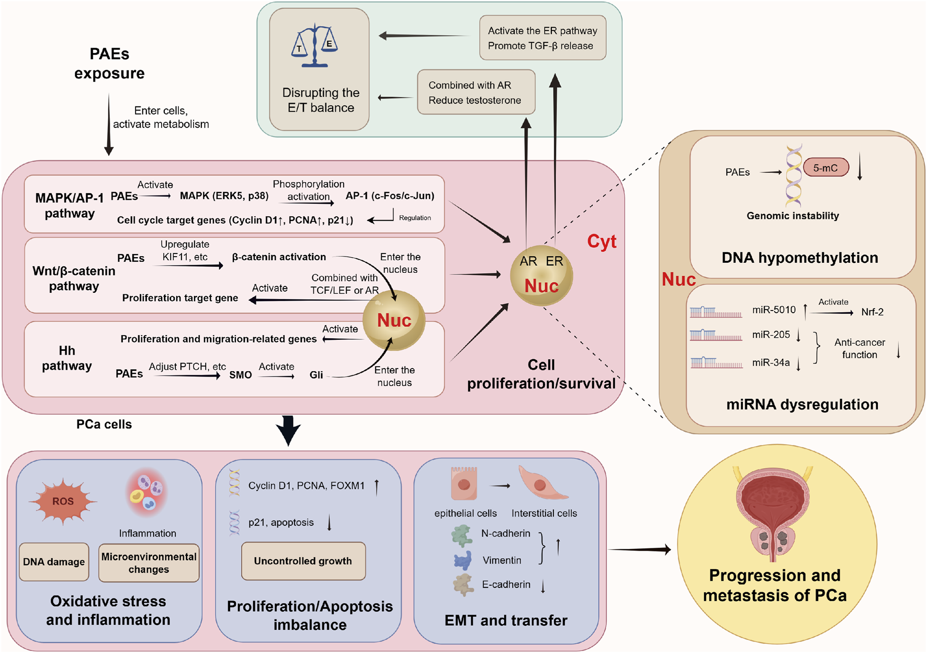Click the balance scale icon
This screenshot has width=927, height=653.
coord(314,46)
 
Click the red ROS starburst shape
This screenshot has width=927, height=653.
coord(63,501)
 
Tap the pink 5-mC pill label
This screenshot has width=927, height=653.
coord(826,168)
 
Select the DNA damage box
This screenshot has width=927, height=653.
coord(54,562)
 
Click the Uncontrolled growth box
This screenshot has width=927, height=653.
coord(303,561)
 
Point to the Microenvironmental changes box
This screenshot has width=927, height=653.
coord(149,563)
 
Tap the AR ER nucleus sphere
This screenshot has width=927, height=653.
coord(541,275)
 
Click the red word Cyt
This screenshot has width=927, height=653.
coord(602,241)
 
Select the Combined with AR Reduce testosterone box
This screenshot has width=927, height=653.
coord(476,93)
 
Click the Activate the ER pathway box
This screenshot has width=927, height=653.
coord(542,38)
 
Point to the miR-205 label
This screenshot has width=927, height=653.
coord(771,335)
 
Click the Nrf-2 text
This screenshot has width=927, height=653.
coord(872,312)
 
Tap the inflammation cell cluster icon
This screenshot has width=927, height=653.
coord(147,492)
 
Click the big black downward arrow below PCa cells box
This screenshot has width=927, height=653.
coord(288,430)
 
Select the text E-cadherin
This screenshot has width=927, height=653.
coord(506,584)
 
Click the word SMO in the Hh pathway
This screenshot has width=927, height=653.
coord(240,375)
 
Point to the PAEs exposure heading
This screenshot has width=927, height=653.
coord(109,63)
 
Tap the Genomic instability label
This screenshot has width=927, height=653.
coord(792,216)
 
